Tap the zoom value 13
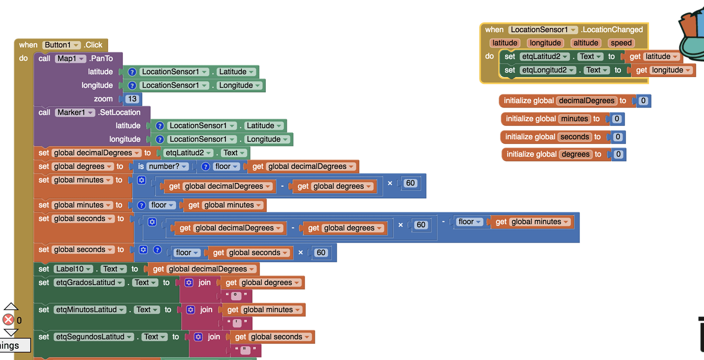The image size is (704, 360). (132, 99)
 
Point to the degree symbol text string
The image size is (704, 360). (236, 296)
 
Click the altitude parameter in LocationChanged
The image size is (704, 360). (586, 43)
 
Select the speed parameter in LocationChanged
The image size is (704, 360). (621, 43)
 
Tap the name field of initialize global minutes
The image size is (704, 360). (574, 119)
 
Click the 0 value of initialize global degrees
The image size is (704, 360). (618, 154)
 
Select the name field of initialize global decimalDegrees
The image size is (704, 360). (586, 100)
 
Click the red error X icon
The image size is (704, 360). (8, 320)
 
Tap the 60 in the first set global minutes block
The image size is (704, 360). (411, 183)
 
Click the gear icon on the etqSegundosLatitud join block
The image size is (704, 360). (198, 337)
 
